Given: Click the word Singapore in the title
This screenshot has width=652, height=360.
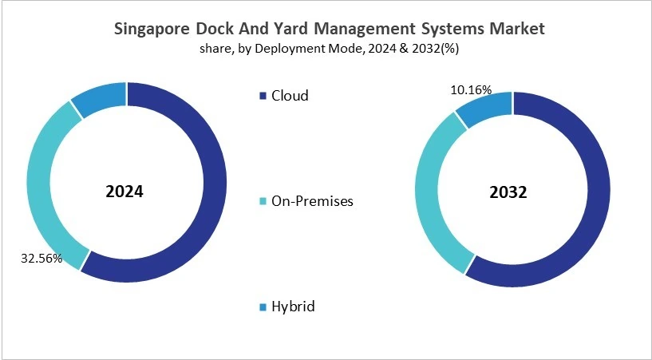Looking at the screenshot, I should pyautogui.click(x=151, y=29).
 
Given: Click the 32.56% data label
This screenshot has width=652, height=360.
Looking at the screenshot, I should pyautogui.click(x=40, y=259).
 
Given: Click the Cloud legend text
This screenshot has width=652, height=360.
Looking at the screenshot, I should pyautogui.click(x=290, y=96).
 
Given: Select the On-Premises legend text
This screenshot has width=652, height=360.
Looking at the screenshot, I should pyautogui.click(x=312, y=201).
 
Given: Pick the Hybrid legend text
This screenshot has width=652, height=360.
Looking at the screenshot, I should pyautogui.click(x=293, y=307).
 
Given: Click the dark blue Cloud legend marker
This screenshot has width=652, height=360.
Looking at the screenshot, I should pyautogui.click(x=263, y=96).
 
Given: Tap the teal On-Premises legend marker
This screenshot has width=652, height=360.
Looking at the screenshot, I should pyautogui.click(x=263, y=201).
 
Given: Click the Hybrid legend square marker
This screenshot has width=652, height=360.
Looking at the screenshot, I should pyautogui.click(x=263, y=307).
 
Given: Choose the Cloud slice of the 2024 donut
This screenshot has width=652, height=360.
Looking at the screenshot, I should pyautogui.click(x=211, y=192).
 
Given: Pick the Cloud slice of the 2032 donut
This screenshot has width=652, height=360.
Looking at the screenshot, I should pyautogui.click(x=599, y=200).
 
